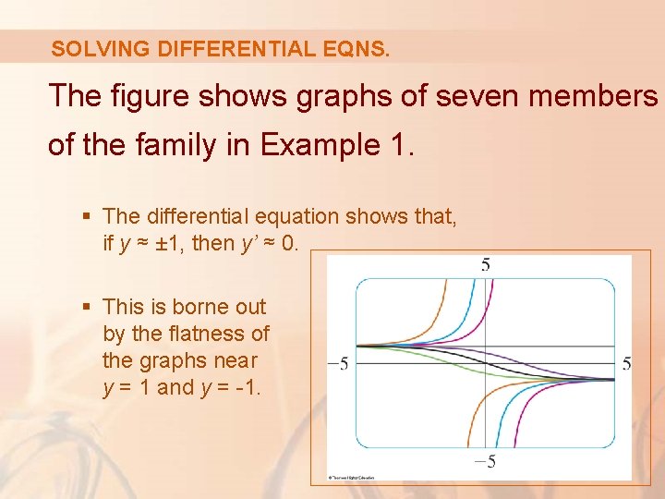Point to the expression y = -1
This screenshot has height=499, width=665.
pos(231,387)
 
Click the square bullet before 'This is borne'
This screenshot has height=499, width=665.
pos(88,306)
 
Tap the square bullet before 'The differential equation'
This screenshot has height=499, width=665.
pos(88,216)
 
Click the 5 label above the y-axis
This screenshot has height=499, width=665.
pos(486,265)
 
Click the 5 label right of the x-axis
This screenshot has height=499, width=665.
pos(626,364)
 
